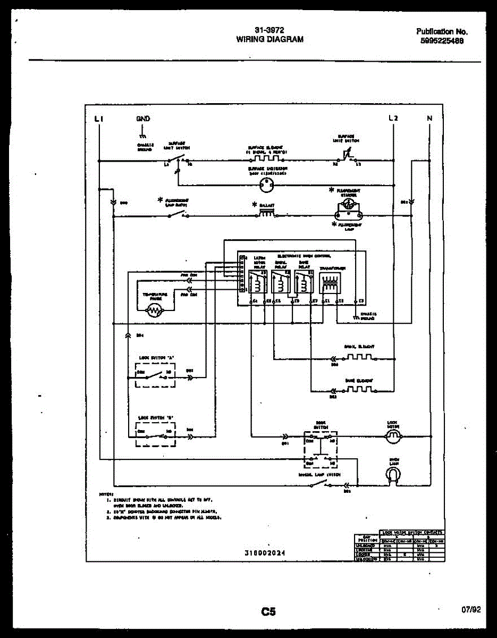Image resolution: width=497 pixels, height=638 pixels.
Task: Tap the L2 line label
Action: (x=393, y=118)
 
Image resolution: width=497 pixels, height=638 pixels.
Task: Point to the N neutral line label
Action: (x=429, y=118)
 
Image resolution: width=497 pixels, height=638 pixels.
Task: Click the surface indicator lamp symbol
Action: (x=266, y=185)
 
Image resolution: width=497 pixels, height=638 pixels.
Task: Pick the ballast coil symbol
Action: (x=266, y=213)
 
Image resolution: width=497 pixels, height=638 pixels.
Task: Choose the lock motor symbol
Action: (x=394, y=436)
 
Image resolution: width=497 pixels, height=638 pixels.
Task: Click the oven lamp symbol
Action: (x=394, y=475)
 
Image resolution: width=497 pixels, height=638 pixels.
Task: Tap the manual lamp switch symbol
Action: (x=319, y=484)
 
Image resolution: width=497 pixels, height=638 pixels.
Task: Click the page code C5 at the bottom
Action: (x=268, y=611)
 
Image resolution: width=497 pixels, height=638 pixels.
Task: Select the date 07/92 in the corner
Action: (x=471, y=610)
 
